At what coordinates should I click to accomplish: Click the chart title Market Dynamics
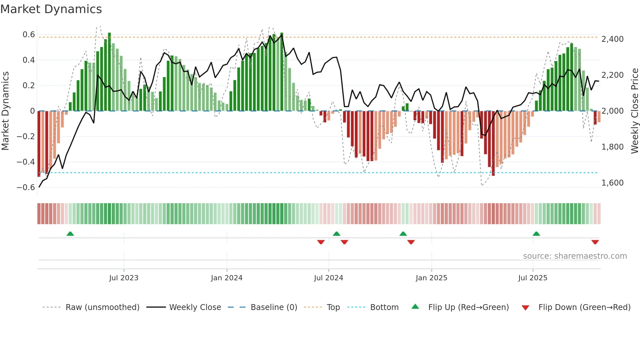coord(51,9)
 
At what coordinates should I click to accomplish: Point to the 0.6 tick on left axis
coord(29,35)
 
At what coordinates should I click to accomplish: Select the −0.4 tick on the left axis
coord(26,162)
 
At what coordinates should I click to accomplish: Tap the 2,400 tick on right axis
coord(613,39)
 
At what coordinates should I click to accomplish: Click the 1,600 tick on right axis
coord(613,183)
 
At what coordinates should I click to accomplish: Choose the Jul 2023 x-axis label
coord(124,278)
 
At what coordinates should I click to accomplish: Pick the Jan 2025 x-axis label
coord(431,278)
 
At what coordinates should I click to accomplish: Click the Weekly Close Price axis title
coord(634,111)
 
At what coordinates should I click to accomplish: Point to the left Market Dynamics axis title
coord(5,111)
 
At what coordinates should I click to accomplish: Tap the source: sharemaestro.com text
coord(575,256)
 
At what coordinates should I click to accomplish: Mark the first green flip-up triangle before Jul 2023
coord(70,234)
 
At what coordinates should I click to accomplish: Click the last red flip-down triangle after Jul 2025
coord(595,242)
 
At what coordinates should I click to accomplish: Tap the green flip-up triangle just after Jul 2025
coord(536,234)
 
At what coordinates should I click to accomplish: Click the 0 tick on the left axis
coord(32,111)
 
